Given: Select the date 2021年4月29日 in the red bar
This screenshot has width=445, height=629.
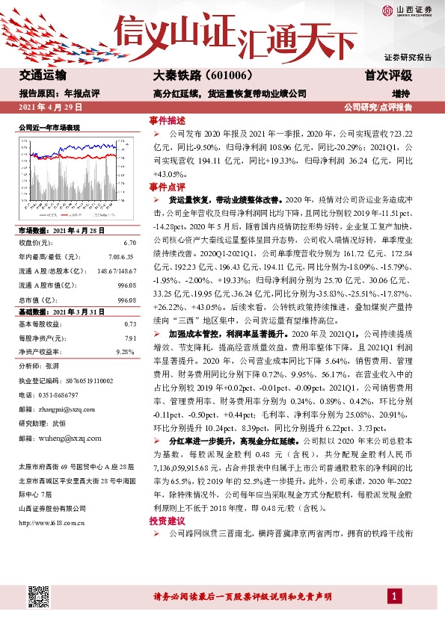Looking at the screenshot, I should pos(49,108).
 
